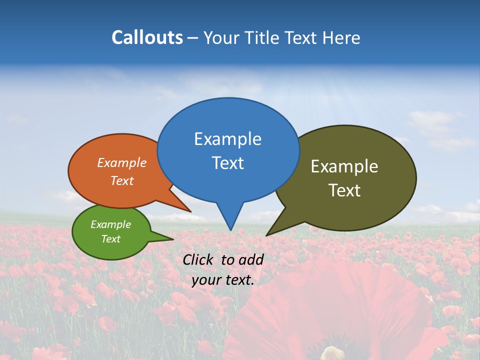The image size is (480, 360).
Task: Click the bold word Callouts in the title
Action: pyautogui.click(x=147, y=38)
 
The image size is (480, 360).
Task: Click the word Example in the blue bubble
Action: pyautogui.click(x=227, y=139)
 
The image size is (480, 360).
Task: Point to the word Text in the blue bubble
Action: pyautogui.click(x=227, y=163)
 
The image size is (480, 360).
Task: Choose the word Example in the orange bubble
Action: pyautogui.click(x=122, y=163)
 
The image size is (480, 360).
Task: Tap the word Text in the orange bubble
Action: pyautogui.click(x=122, y=180)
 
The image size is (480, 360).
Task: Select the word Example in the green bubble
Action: pyautogui.click(x=110, y=224)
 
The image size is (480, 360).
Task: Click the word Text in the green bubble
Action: pyautogui.click(x=110, y=239)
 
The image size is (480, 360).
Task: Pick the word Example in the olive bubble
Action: pyautogui.click(x=344, y=166)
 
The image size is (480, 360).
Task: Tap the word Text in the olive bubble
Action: pyautogui.click(x=344, y=190)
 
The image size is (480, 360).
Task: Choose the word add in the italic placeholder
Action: pyautogui.click(x=251, y=259)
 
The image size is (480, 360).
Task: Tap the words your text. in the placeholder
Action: pyautogui.click(x=223, y=280)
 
